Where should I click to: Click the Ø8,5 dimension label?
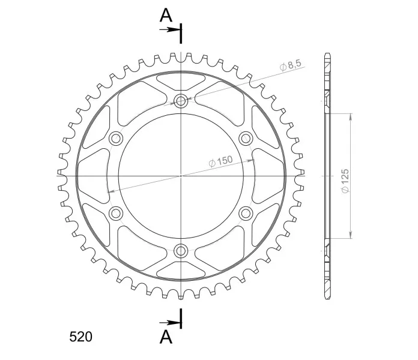(x=291, y=65)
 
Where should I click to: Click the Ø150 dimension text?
(x=220, y=161)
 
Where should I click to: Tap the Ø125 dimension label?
(x=344, y=181)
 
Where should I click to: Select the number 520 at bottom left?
(x=80, y=337)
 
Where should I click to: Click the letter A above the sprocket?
(x=166, y=15)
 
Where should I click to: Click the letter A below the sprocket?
(x=166, y=337)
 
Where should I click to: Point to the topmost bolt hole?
(x=181, y=101)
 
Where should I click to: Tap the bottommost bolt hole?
(x=181, y=251)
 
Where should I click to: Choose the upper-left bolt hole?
(x=116, y=139)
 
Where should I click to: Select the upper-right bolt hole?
(x=246, y=139)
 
